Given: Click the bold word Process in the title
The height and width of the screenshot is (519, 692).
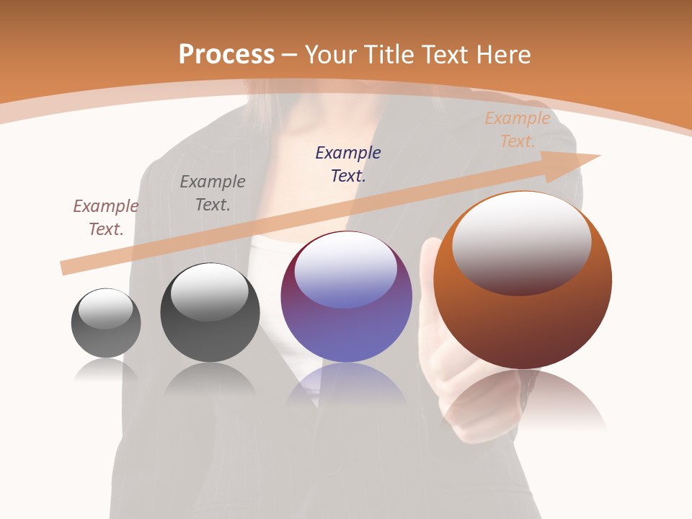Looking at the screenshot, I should click(x=226, y=55).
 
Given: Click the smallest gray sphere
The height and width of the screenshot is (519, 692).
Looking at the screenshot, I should click(x=106, y=339).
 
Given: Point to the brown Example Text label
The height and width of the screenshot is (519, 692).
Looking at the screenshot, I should click(x=106, y=217).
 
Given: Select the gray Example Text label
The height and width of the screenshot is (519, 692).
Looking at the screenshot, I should click(x=213, y=192).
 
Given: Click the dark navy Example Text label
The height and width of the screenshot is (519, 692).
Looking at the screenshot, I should click(x=348, y=164).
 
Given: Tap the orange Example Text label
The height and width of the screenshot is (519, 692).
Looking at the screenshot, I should click(x=517, y=130).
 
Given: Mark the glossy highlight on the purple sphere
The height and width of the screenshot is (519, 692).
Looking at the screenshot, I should click(x=345, y=269).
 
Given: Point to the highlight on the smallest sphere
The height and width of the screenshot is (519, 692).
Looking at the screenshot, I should click(x=105, y=309).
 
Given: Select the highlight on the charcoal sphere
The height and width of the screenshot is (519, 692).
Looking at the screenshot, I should click(x=209, y=291).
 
